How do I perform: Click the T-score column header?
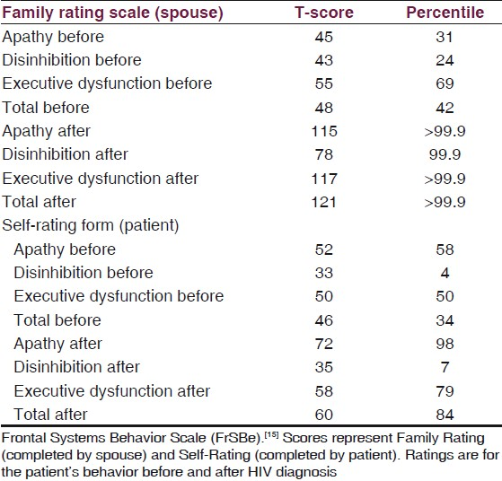tap(324, 13)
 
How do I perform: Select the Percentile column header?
tap(445, 13)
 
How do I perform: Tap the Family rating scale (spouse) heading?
tap(112, 13)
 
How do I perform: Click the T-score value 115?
tap(324, 131)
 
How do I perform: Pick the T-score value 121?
tap(324, 202)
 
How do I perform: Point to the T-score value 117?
tap(324, 179)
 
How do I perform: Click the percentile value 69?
tap(445, 83)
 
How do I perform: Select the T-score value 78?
tap(324, 154)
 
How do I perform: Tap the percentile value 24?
tap(445, 60)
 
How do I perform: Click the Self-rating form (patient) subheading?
tap(91, 225)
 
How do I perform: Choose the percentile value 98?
tap(445, 344)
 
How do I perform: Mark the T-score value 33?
tap(324, 274)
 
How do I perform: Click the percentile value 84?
tap(445, 415)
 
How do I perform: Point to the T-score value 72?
tap(324, 344)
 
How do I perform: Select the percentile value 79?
tap(445, 391)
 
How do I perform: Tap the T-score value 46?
tap(324, 320)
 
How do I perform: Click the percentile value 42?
tap(445, 108)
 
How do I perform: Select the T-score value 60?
tap(324, 415)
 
